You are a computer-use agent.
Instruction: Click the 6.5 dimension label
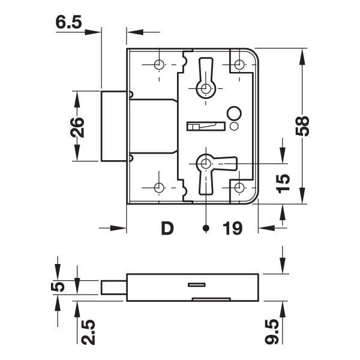[68, 23]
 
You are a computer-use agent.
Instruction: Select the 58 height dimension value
[302, 126]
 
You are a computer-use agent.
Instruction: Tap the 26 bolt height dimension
[77, 128]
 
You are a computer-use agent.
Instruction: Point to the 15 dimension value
[283, 184]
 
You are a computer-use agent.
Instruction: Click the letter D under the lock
[167, 228]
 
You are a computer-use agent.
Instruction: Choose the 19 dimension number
[232, 228]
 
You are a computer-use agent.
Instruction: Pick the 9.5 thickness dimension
[272, 332]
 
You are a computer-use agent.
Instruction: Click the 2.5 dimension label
[88, 332]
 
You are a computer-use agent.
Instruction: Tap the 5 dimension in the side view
[58, 287]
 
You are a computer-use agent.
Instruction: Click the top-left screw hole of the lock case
[159, 65]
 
